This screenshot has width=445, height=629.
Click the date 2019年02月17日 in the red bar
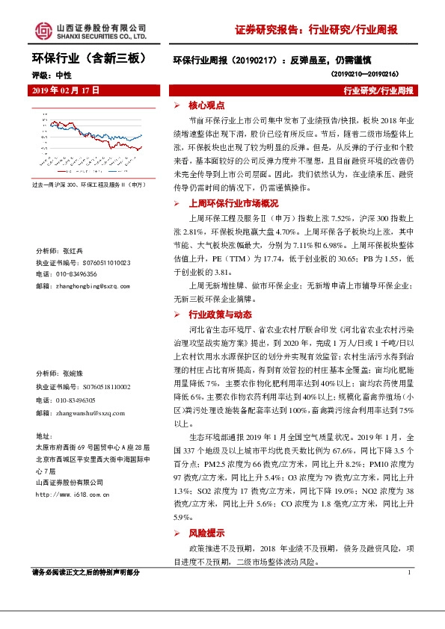66,90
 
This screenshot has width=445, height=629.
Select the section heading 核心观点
201,105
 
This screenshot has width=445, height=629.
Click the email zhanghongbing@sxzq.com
92,285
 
